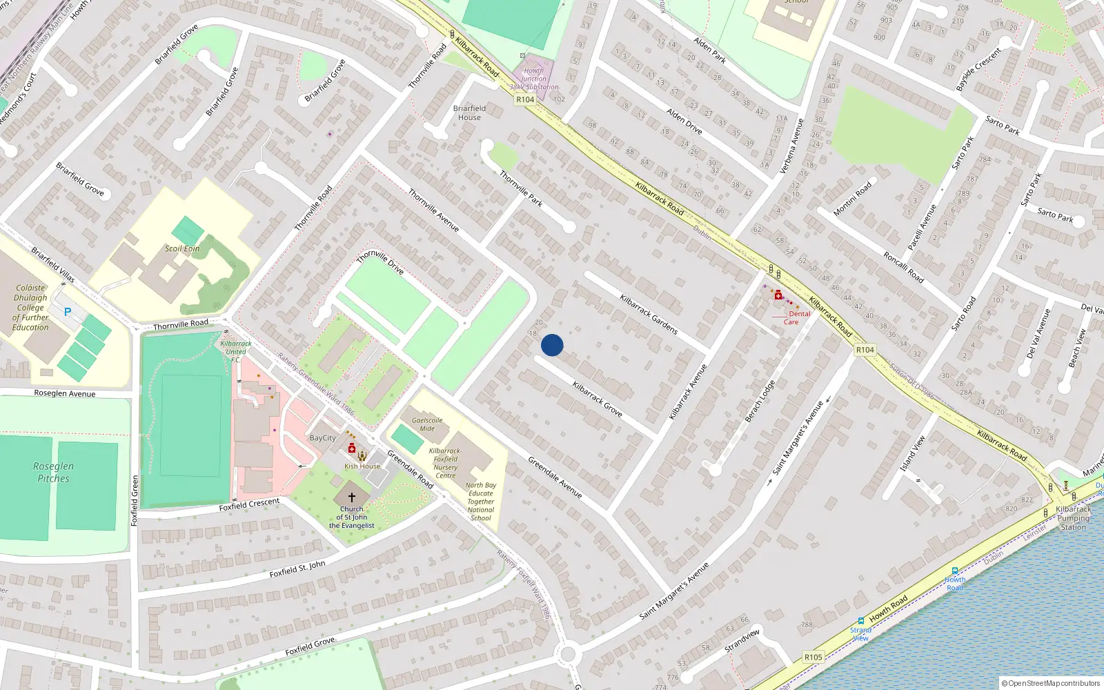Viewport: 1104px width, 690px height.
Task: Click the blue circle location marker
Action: coord(552,345)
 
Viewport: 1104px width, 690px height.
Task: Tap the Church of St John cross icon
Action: coord(351,497)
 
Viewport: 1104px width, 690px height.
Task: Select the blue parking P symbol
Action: coord(68,312)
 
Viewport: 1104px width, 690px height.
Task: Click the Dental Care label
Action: coord(795,317)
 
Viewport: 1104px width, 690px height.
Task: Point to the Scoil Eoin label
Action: coord(182,248)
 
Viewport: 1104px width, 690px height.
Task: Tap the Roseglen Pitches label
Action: coord(53,472)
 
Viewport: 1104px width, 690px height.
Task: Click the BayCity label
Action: coord(322,438)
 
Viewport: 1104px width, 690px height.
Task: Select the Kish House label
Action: coord(362,466)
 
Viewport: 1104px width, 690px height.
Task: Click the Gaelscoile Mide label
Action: coord(427,424)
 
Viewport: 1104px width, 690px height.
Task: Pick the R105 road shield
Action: coord(813,657)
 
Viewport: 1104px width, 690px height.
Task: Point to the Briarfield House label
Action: coord(469,112)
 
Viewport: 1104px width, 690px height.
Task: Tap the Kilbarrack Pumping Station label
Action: coord(1073,518)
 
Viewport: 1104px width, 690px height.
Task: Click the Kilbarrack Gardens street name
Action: coord(649,315)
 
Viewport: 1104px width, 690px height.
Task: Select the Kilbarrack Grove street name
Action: coord(598,400)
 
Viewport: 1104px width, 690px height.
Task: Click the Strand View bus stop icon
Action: coord(860,620)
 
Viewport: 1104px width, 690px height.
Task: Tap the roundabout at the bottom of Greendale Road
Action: coord(569,653)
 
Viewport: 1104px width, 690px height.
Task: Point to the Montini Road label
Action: coord(852,199)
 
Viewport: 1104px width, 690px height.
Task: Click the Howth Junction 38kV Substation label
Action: coord(534,79)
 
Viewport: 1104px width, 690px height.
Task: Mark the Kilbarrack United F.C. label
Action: coord(236,351)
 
